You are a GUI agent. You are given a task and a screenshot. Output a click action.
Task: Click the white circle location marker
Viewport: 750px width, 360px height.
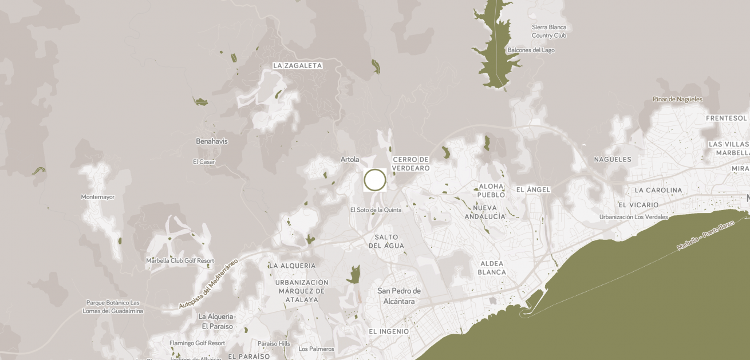(x=375, y=180)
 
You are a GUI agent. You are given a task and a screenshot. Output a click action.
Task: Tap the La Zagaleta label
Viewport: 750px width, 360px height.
(x=297, y=66)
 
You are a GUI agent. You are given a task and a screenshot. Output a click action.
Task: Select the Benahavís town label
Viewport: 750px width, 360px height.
(x=212, y=141)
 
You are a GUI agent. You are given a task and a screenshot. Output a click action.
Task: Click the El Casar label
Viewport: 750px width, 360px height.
(x=204, y=162)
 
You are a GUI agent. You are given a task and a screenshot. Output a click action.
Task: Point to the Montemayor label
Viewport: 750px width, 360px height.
(x=98, y=197)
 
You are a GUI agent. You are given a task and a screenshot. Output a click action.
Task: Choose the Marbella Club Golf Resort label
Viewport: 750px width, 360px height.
(x=180, y=260)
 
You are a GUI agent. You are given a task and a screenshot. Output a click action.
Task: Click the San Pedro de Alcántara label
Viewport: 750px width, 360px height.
(x=399, y=296)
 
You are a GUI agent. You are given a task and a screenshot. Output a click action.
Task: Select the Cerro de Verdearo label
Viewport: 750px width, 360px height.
(x=410, y=164)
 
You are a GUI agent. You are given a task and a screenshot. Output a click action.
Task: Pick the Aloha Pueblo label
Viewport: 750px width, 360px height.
(x=491, y=191)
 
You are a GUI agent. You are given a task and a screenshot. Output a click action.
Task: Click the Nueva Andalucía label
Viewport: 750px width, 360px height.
(x=485, y=212)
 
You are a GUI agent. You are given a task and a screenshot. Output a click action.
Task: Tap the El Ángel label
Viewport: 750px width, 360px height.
(x=533, y=189)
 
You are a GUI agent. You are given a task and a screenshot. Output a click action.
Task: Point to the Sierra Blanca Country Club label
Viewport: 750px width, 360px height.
(x=549, y=31)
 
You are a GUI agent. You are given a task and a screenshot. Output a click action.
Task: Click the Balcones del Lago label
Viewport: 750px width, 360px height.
(x=531, y=50)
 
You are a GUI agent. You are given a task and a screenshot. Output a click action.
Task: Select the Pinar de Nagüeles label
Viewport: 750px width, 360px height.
(x=677, y=99)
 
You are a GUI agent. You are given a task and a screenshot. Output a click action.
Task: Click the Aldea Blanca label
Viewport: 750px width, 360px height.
(x=492, y=268)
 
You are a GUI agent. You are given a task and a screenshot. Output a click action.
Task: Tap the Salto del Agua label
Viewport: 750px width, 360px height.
(x=386, y=242)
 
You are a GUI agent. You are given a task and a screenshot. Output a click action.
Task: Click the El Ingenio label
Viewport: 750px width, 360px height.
(x=389, y=331)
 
